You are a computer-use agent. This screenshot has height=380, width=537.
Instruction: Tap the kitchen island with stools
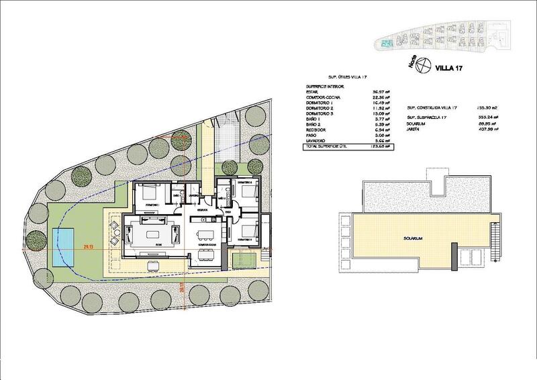[205, 232]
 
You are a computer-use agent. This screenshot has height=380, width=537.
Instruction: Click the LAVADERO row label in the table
[318, 140]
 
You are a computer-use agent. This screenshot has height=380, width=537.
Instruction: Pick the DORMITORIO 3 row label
[320, 113]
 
